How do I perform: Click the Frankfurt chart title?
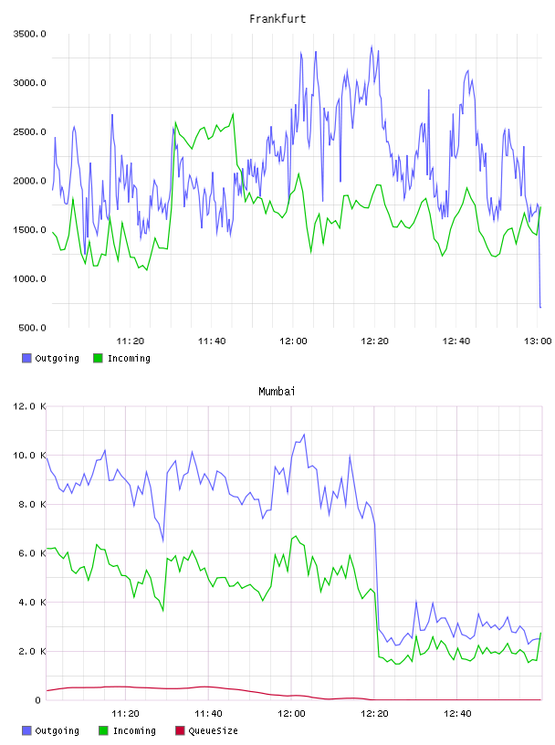pyautogui.click(x=277, y=18)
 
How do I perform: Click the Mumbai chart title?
pyautogui.click(x=277, y=391)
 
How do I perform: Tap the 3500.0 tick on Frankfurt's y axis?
pyautogui.click(x=29, y=34)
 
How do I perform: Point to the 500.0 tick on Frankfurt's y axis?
pyautogui.click(x=32, y=328)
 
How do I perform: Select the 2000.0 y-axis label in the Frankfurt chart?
pyautogui.click(x=29, y=181)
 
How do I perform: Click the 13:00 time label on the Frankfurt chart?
pyautogui.click(x=538, y=341)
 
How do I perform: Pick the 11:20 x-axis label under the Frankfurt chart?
pyautogui.click(x=131, y=341)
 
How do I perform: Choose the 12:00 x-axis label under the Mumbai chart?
pyautogui.click(x=291, y=714)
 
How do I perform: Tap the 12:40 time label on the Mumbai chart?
pyautogui.click(x=457, y=714)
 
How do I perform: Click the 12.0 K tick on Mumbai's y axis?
pyautogui.click(x=29, y=406)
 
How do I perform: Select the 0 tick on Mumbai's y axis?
pyautogui.click(x=38, y=700)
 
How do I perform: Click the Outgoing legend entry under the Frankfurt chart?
pyautogui.click(x=50, y=358)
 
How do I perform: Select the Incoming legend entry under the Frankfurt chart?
pyautogui.click(x=121, y=358)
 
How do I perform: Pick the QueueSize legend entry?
pyautogui.click(x=206, y=730)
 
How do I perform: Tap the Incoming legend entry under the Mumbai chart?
pyautogui.click(x=127, y=730)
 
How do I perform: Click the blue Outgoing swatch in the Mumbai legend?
pyautogui.click(x=26, y=730)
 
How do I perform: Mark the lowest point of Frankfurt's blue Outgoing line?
pyautogui.click(x=540, y=308)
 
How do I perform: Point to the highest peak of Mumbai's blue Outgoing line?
pyautogui.click(x=304, y=435)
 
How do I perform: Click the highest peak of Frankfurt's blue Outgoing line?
pyautogui.click(x=372, y=46)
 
